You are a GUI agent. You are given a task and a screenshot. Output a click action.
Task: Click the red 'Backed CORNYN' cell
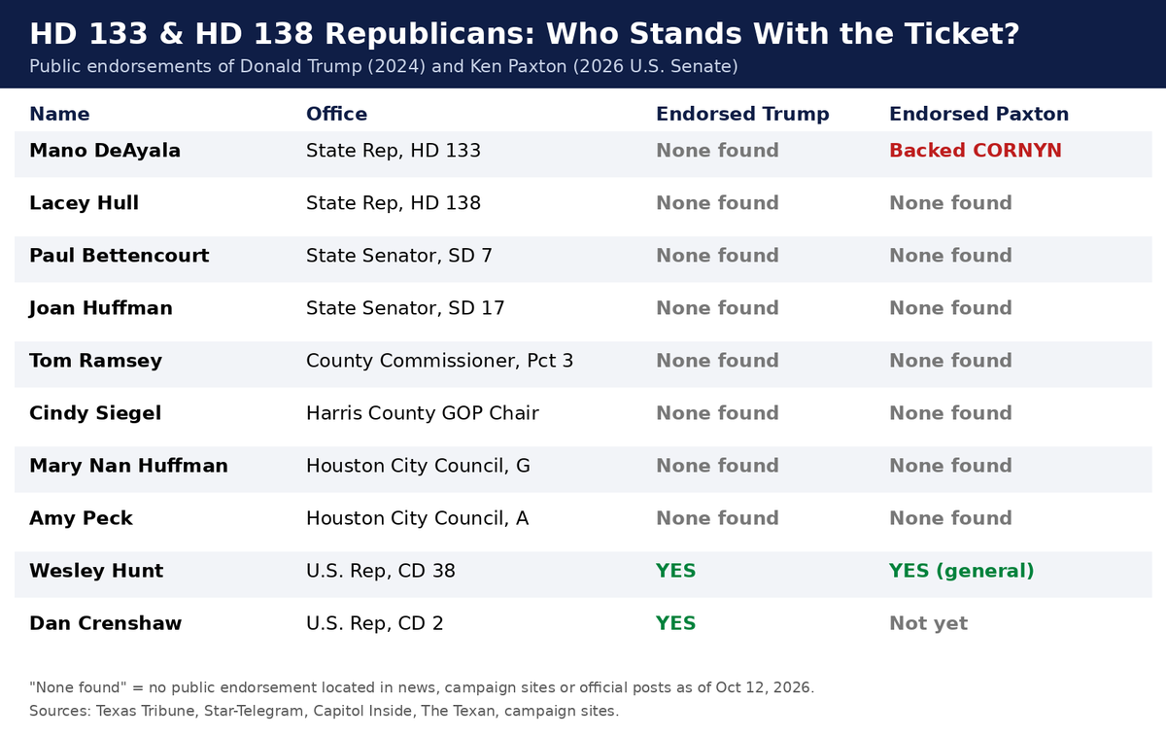975,151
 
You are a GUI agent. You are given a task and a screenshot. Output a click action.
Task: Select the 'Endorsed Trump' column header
742,114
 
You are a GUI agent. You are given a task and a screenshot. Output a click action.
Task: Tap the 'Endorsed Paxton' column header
978,114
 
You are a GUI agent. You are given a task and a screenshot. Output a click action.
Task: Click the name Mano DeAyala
105,151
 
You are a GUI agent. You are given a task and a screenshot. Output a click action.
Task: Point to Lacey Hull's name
84,203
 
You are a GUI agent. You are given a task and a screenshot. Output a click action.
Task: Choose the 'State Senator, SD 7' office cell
398,256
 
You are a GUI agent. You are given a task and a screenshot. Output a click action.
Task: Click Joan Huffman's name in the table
100,308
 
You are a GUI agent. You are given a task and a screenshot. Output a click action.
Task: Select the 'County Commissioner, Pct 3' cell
439,361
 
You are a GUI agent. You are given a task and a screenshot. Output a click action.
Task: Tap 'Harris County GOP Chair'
422,413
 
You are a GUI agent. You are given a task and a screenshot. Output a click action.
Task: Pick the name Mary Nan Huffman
128,466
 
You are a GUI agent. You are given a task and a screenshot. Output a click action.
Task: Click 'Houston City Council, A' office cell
417,519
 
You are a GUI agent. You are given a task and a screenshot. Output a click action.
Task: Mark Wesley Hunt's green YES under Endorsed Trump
675,571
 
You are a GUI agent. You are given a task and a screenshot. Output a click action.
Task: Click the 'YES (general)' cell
961,571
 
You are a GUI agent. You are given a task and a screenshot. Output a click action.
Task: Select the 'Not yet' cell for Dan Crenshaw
929,623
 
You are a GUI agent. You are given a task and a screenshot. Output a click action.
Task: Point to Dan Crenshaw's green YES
675,623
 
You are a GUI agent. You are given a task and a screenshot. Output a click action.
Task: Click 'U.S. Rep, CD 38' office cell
381,572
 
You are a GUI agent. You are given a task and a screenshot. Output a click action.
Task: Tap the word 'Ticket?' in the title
961,34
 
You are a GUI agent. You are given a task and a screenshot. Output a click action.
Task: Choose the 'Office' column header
337,114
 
